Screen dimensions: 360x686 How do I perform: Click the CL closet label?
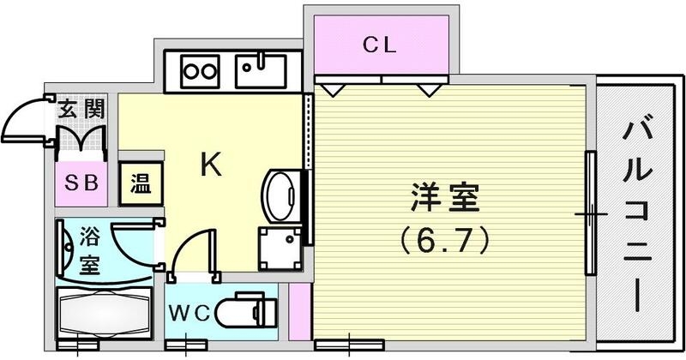click(x=378, y=46)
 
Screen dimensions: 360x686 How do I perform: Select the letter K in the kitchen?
click(x=211, y=165)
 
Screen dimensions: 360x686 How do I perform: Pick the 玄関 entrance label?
click(x=82, y=110)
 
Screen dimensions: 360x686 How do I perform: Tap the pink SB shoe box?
click(x=81, y=183)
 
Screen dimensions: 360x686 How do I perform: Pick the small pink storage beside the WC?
click(x=298, y=309)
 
